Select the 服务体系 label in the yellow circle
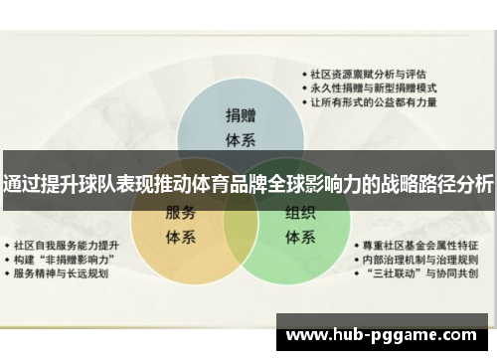[x=180, y=224]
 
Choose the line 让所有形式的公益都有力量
[x=372, y=101]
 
